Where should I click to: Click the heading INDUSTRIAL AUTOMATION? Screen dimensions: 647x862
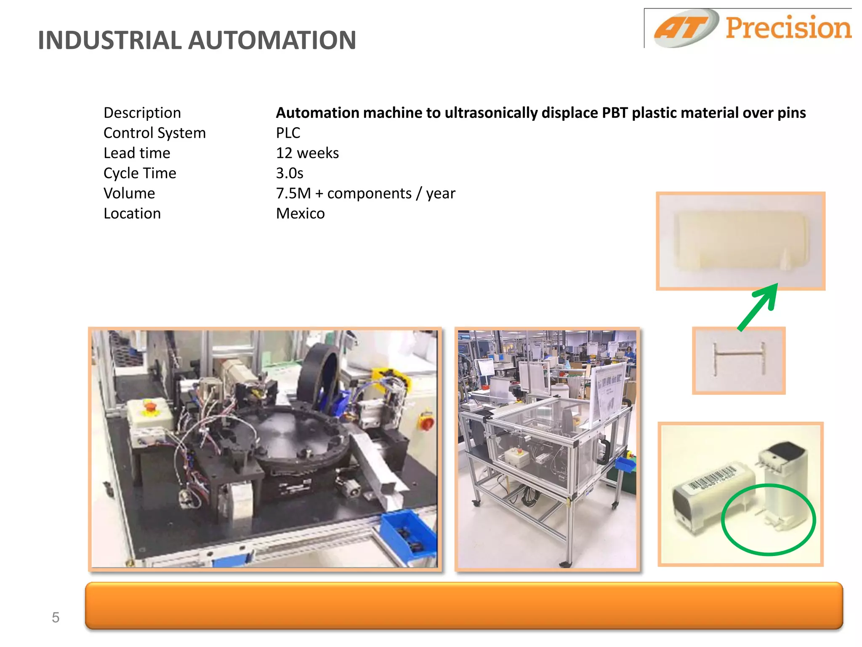click(197, 40)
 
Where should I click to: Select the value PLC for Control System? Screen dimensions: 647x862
click(288, 133)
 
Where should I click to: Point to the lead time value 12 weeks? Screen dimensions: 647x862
click(307, 153)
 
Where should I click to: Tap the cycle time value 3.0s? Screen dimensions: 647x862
click(290, 173)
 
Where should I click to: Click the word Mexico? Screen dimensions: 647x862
click(300, 214)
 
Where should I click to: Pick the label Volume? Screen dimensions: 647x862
click(129, 193)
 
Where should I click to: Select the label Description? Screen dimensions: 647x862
click(142, 113)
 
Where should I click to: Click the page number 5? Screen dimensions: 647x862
click(56, 618)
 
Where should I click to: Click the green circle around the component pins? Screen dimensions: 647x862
click(769, 520)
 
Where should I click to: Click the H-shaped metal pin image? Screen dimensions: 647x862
click(739, 360)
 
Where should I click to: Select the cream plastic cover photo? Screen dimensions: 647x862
click(740, 241)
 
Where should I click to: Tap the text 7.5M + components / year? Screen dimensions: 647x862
click(365, 193)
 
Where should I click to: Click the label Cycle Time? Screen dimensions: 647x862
click(140, 173)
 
